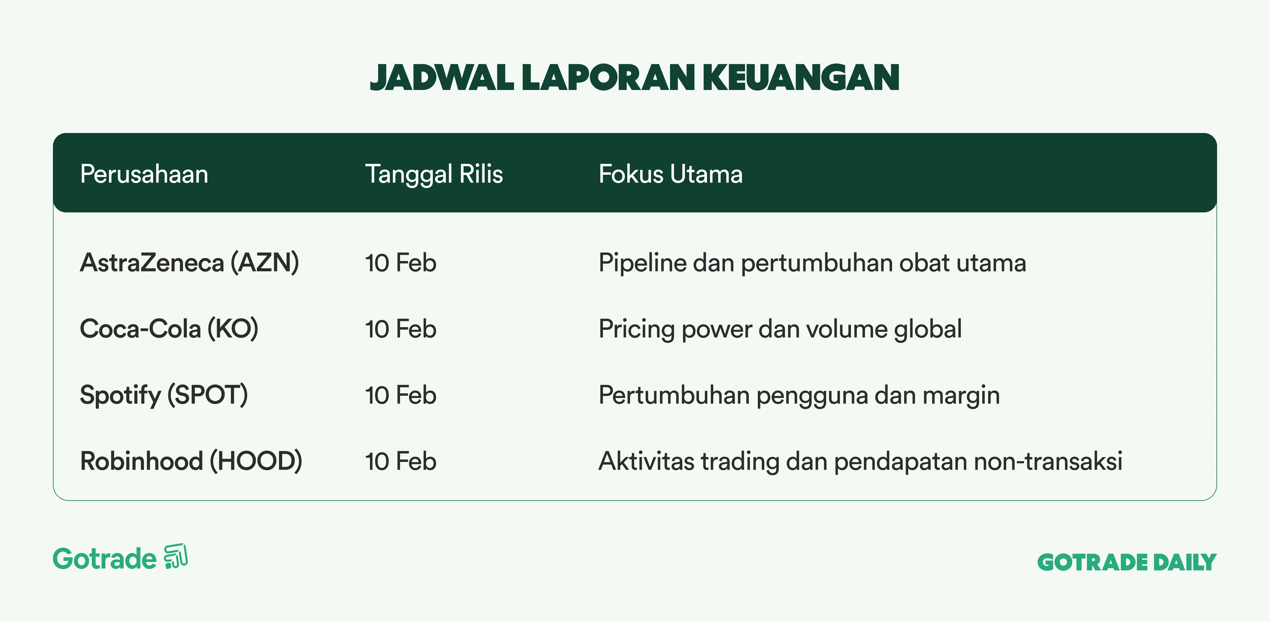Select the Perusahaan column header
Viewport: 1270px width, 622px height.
(144, 174)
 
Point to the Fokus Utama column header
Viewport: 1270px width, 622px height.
(670, 174)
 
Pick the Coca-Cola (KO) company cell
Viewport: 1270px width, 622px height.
(169, 329)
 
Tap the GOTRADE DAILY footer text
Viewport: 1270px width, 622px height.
(1127, 562)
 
